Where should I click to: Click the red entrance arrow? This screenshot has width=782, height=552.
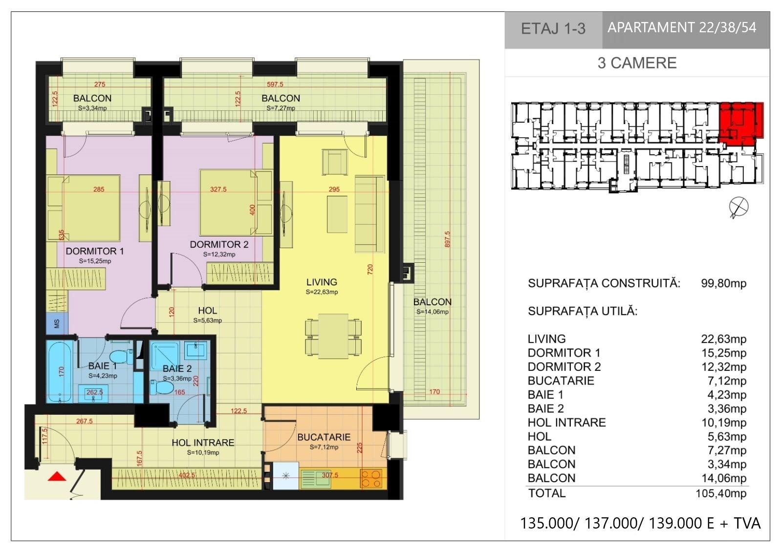(x=57, y=476)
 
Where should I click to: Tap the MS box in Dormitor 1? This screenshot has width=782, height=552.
(x=57, y=323)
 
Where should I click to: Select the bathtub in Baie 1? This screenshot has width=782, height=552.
(x=59, y=371)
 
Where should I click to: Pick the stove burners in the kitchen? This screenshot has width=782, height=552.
(x=371, y=478)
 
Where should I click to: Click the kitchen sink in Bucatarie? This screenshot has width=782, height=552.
(x=316, y=478)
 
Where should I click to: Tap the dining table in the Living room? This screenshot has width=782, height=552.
(x=333, y=336)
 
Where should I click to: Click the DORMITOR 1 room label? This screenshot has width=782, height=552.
(x=95, y=251)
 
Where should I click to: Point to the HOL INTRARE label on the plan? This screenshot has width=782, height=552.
(x=203, y=443)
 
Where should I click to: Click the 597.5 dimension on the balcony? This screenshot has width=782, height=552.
(x=275, y=84)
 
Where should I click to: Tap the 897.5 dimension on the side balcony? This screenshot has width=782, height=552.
(x=447, y=239)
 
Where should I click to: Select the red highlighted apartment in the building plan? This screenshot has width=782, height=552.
(x=741, y=123)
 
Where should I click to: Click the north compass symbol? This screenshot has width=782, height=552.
(x=739, y=208)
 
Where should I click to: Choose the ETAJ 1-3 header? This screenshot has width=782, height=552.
(x=553, y=29)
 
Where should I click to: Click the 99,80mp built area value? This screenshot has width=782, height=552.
(x=724, y=283)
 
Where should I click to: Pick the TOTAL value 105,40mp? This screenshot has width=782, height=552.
(x=721, y=493)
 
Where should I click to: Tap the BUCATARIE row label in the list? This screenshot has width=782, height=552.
(x=561, y=381)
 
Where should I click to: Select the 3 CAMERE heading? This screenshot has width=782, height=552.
(x=637, y=63)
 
